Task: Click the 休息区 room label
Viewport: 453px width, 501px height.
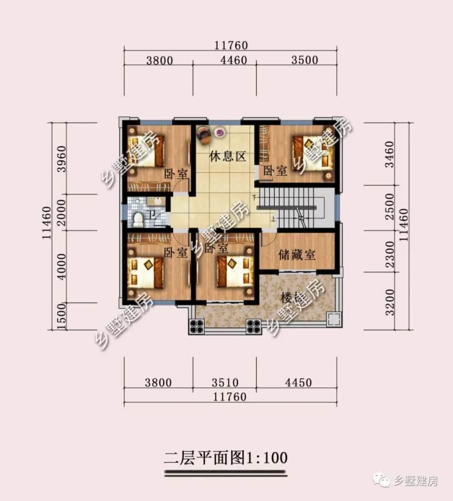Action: (x=228, y=157)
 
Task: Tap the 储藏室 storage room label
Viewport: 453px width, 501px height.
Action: (x=297, y=255)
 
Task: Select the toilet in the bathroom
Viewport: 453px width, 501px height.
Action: (x=138, y=218)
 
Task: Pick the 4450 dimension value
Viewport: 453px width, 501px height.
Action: (x=298, y=383)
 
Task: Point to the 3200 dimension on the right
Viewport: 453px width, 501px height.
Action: (x=391, y=300)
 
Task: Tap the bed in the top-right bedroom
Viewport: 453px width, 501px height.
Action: (x=313, y=152)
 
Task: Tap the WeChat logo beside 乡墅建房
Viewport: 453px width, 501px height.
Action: (x=383, y=481)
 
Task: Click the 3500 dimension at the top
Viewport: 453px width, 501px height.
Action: (x=304, y=61)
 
